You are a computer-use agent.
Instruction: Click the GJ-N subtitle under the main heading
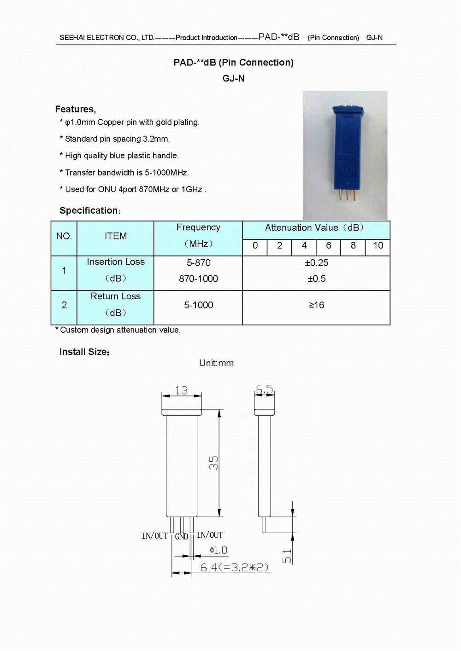pyautogui.click(x=233, y=78)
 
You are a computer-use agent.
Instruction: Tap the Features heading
pyautogui.click(x=75, y=109)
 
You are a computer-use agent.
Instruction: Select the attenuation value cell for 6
pyautogui.click(x=328, y=246)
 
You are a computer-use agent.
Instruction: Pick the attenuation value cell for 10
pyautogui.click(x=378, y=246)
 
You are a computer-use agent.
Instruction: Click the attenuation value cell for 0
pyautogui.click(x=255, y=246)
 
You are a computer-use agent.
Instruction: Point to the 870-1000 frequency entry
pyautogui.click(x=198, y=279)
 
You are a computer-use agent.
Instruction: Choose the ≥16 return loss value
pyautogui.click(x=316, y=305)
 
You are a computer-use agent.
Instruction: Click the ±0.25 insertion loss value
pyautogui.click(x=316, y=263)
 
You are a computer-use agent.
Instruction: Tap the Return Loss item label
pyautogui.click(x=115, y=296)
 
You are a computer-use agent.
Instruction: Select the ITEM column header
pyautogui.click(x=115, y=236)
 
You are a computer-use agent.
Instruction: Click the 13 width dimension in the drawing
pyautogui.click(x=181, y=390)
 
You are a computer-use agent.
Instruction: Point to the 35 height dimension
pyautogui.click(x=213, y=463)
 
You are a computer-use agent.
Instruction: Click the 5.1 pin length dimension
pyautogui.click(x=287, y=556)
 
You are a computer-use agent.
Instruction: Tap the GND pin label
pyautogui.click(x=182, y=536)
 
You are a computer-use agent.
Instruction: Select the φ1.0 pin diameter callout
pyautogui.click(x=218, y=550)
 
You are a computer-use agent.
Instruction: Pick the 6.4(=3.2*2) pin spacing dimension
pyautogui.click(x=234, y=567)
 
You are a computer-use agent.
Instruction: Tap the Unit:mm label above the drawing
pyautogui.click(x=216, y=363)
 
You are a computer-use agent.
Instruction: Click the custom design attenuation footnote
pyautogui.click(x=118, y=330)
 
